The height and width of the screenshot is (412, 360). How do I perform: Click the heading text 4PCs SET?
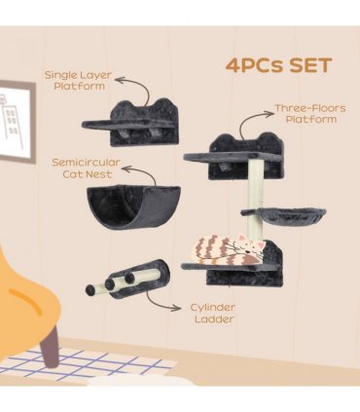(278, 65)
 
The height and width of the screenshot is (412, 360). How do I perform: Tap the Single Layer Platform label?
(78, 81)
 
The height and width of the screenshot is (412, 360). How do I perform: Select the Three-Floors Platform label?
(310, 114)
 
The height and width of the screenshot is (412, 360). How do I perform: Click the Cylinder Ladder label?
(213, 313)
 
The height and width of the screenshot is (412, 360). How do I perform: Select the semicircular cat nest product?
(133, 206)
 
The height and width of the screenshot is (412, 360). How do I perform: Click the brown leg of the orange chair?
(50, 346)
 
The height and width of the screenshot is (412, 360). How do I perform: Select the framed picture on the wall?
(17, 121)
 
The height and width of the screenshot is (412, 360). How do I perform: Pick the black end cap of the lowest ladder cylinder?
(90, 289)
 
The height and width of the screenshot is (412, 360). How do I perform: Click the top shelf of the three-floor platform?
(233, 157)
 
